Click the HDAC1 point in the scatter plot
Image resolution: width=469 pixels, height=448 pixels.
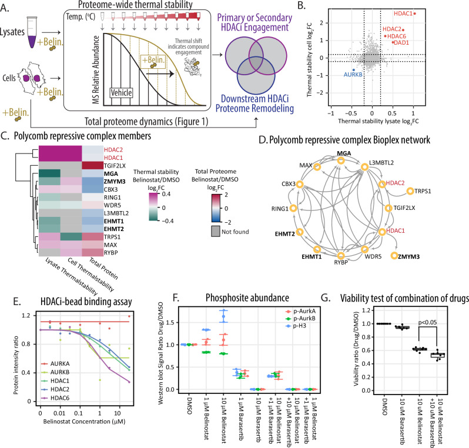[414, 14]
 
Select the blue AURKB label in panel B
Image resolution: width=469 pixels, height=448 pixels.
[353, 75]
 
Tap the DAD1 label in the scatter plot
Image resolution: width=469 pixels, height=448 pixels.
[401, 43]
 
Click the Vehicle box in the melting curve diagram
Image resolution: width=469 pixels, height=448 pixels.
[121, 93]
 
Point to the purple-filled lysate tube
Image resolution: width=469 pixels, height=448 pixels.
[32, 32]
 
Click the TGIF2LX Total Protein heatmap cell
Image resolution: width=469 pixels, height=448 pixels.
[93, 165]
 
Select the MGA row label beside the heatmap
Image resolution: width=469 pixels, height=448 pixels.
[111, 173]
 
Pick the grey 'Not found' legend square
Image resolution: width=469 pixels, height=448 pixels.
[216, 232]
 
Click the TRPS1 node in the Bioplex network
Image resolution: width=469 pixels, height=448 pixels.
[410, 191]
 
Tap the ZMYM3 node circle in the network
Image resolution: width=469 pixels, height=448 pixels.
[394, 256]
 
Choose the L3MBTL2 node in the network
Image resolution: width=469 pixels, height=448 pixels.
[364, 167]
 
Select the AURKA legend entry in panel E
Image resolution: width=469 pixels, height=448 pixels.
[55, 364]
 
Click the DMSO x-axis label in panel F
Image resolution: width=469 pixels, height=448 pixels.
[189, 406]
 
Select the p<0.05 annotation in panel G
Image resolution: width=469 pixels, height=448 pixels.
[427, 322]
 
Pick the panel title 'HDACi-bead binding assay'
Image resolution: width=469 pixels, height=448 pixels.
[86, 302]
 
